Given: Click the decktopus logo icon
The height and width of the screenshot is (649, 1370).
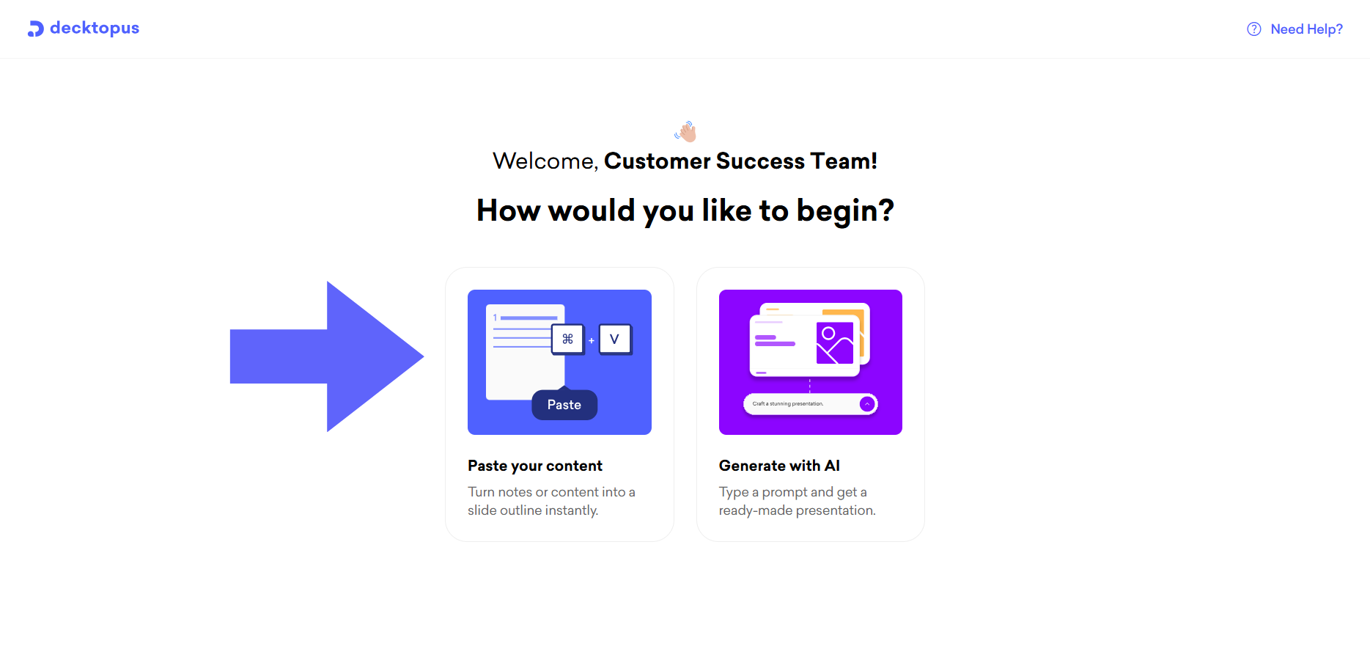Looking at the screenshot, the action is click(36, 29).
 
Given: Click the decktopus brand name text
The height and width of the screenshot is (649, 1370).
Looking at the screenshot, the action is click(95, 28).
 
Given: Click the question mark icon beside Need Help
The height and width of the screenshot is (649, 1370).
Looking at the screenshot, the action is click(1254, 29).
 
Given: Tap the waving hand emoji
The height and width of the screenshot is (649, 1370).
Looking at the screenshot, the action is click(685, 131).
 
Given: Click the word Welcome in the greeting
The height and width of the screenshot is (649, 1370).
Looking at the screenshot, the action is click(545, 161).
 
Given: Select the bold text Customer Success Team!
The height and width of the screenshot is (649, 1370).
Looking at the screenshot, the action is click(740, 161).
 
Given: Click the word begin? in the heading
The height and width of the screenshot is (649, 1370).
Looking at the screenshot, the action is click(845, 211).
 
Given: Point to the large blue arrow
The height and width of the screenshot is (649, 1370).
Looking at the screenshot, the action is click(327, 356).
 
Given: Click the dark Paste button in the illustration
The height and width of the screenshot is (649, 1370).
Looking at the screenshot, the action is click(564, 405).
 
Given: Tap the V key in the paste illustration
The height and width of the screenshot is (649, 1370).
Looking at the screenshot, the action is click(615, 339).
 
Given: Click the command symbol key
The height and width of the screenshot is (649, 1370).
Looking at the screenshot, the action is click(568, 339).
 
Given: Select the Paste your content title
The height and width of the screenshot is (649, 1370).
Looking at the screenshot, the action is click(535, 466).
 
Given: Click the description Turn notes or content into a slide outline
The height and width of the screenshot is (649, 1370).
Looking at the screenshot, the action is click(551, 501).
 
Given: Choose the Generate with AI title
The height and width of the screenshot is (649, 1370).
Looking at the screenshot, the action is click(779, 466).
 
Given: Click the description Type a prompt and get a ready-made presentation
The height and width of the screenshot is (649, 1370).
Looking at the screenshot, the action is click(798, 501).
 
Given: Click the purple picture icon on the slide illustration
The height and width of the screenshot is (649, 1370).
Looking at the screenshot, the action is click(835, 343).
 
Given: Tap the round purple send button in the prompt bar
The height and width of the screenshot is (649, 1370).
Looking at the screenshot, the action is click(867, 404).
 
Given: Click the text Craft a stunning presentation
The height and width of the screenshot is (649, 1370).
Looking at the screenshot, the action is click(788, 404).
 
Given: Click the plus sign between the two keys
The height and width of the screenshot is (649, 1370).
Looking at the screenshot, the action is click(592, 340).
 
